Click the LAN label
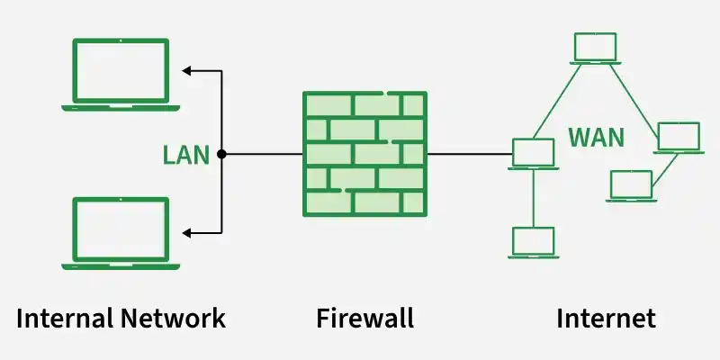pos(185,155)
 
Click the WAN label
pos(596,139)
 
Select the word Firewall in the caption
pos(364,318)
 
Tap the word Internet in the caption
pos(606,318)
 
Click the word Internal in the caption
pos(60,318)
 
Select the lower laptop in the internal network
pos(121,233)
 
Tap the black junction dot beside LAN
pos(221,154)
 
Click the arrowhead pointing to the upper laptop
pos(186,69)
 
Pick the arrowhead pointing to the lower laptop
pos(186,233)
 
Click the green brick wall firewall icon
pos(364,154)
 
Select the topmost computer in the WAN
pos(595,49)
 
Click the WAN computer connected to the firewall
pos(533,154)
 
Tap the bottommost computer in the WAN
pos(533,242)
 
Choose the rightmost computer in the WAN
pos(678,138)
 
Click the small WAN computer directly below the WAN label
pos(631,185)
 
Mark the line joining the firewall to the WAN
pos(468,154)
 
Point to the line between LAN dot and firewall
pos(263,154)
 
